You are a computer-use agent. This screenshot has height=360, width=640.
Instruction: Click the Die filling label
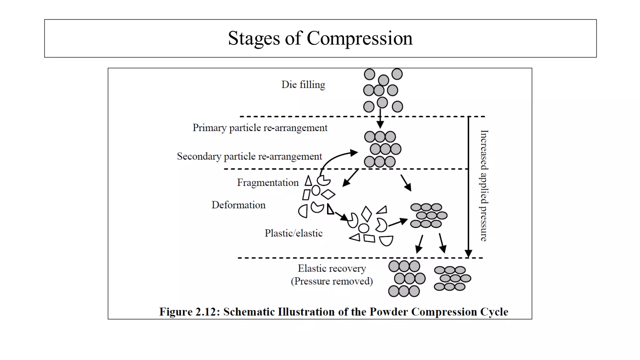(x=303, y=85)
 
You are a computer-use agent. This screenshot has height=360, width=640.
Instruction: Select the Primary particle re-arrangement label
(x=260, y=128)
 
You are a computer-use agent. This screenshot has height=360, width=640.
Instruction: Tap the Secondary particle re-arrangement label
(x=249, y=156)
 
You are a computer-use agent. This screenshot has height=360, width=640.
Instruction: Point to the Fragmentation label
(x=268, y=182)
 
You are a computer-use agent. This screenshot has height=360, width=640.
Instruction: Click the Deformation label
(x=238, y=205)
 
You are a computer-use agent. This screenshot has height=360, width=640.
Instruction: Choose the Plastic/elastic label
(x=293, y=233)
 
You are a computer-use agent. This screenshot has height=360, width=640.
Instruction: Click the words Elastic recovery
(x=332, y=268)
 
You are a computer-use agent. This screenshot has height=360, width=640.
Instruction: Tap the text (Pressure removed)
(x=332, y=281)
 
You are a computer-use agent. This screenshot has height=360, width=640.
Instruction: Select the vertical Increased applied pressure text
(x=484, y=186)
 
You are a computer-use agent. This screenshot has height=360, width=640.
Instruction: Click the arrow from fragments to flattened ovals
(x=398, y=222)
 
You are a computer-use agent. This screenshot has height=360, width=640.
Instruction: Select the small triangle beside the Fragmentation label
(x=308, y=181)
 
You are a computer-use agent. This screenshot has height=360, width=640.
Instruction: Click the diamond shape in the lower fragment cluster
(x=367, y=214)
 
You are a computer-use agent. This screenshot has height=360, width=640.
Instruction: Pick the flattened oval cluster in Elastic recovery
(x=452, y=278)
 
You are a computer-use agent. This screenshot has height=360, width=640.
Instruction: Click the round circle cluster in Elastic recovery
(x=407, y=279)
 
